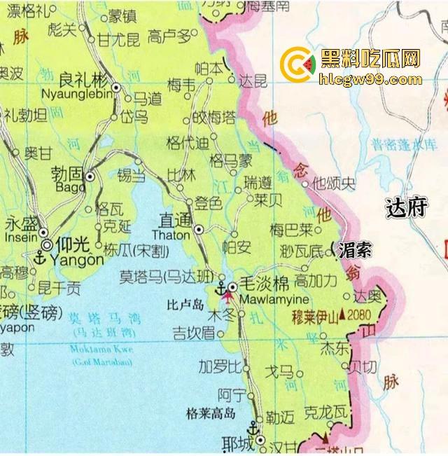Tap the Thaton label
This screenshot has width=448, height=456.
pyautogui.click(x=170, y=235)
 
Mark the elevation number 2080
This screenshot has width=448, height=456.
pyautogui.click(x=361, y=315)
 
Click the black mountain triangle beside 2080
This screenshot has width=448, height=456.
pyautogui.click(x=342, y=316)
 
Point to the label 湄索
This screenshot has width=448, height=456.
pyautogui.click(x=354, y=249)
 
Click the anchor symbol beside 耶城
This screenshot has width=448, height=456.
pyautogui.click(x=252, y=428)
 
